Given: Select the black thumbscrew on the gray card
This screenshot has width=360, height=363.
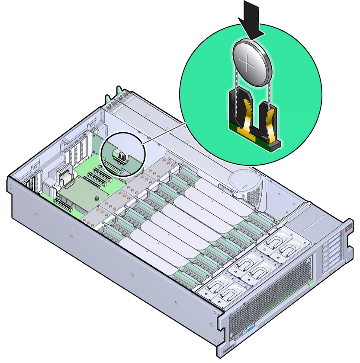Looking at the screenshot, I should [97, 198].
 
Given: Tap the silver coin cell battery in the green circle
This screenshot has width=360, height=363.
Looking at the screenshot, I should [253, 64].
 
